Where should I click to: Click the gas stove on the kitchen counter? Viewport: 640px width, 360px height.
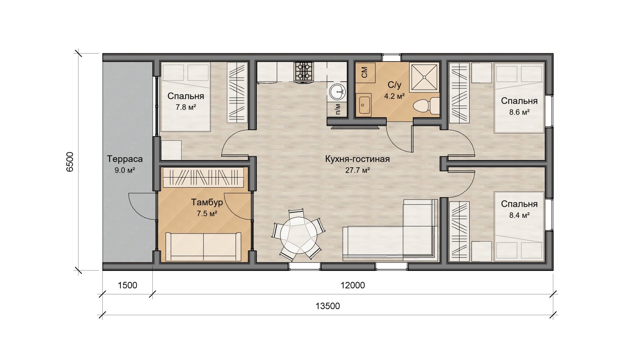[x=304, y=72]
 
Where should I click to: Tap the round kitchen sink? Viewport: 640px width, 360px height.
[x=338, y=92]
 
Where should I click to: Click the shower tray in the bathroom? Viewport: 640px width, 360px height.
[x=424, y=77]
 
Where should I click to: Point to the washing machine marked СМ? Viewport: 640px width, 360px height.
[x=364, y=72]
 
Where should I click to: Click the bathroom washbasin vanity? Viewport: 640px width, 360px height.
[x=364, y=105]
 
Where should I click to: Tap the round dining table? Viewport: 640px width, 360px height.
[x=298, y=235]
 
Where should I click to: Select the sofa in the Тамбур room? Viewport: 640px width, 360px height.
[x=204, y=246]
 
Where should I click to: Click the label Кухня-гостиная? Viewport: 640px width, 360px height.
[x=358, y=159]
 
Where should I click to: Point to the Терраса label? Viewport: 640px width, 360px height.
[x=124, y=159]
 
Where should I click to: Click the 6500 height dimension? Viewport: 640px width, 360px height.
[x=70, y=162]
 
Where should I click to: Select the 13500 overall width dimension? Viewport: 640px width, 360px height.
[x=328, y=306]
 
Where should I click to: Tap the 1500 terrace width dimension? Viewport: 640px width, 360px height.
[x=128, y=285]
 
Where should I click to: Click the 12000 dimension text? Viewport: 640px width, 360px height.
[x=352, y=285]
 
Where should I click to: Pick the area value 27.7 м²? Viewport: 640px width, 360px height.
[x=358, y=170]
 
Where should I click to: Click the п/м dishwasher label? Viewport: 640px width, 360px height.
[x=338, y=109]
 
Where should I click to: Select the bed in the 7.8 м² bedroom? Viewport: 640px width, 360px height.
[x=186, y=97]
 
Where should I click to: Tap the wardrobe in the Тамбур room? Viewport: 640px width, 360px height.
[x=204, y=177]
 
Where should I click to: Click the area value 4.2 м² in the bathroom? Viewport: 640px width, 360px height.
[x=394, y=96]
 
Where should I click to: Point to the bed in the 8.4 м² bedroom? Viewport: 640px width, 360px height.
[x=519, y=226]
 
